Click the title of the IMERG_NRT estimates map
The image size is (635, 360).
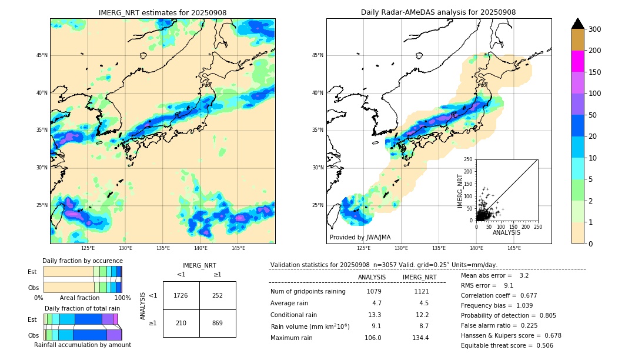click(162, 12)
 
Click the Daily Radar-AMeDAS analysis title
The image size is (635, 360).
click(439, 12)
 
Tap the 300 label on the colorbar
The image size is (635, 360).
click(594, 29)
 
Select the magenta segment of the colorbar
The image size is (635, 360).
click(578, 61)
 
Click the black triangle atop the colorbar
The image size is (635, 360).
click(578, 24)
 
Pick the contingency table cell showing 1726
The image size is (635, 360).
click(181, 295)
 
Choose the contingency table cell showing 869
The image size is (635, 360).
click(218, 323)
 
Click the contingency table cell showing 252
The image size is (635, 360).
click(218, 295)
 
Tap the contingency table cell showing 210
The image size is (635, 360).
click(181, 323)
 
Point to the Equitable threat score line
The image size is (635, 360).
click(507, 345)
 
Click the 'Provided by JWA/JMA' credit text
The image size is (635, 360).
click(360, 237)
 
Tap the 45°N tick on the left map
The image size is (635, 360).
click(42, 55)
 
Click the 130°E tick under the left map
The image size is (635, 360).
click(125, 248)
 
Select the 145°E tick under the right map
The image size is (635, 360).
click(514, 248)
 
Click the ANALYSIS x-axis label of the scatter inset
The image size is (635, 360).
click(507, 233)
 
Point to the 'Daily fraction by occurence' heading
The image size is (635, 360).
click(82, 261)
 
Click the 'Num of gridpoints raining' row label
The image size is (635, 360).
click(308, 291)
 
